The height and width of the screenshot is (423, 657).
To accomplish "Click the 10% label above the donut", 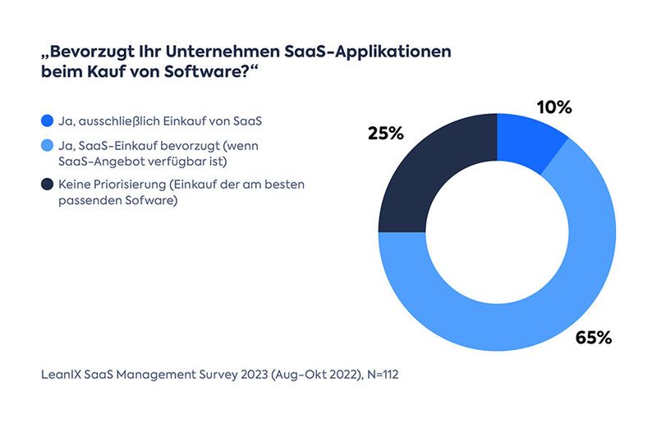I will pyautogui.click(x=554, y=108).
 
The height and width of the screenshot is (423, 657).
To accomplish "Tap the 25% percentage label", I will pyautogui.click(x=385, y=134).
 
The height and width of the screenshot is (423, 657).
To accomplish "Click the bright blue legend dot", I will pyautogui.click(x=46, y=121).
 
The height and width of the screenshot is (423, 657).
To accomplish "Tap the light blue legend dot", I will pyautogui.click(x=46, y=147).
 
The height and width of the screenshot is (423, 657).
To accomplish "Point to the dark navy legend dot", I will pyautogui.click(x=46, y=185).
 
